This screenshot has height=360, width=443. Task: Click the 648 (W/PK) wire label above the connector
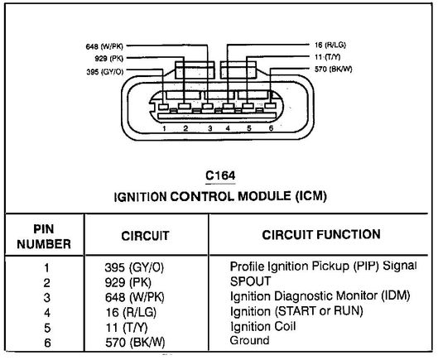click(104, 46)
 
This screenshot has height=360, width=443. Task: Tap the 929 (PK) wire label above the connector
click(109, 59)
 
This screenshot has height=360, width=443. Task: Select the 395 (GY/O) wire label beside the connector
click(105, 72)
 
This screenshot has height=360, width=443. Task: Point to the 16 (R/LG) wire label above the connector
click(330, 45)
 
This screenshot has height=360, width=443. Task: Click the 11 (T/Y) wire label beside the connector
click(327, 57)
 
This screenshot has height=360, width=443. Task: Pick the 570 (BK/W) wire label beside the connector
click(334, 70)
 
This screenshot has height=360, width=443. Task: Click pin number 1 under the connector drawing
click(164, 129)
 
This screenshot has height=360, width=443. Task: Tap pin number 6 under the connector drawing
click(271, 128)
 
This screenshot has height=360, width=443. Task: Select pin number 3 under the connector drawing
click(210, 128)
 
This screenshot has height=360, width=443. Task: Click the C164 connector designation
click(220, 175)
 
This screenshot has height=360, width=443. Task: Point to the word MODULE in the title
click(264, 196)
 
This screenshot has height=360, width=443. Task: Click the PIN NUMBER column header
click(44, 237)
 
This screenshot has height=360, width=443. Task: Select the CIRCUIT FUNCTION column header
click(321, 235)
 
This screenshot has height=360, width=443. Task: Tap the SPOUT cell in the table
click(251, 281)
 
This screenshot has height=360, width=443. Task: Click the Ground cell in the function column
click(249, 340)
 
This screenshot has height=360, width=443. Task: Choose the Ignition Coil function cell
click(263, 326)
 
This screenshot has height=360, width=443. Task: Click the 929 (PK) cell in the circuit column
click(128, 282)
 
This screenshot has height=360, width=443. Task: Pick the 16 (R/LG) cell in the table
click(131, 312)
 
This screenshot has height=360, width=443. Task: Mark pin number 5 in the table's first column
click(47, 328)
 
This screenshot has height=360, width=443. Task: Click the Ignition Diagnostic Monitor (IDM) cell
click(320, 296)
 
